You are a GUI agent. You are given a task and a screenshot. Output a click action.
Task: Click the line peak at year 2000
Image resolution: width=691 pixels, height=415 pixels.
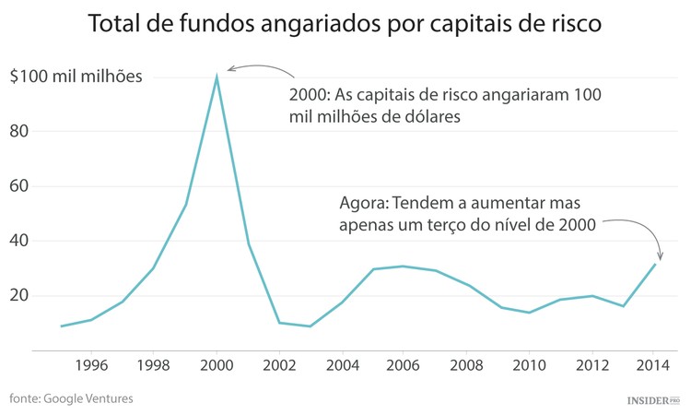[x=217, y=77]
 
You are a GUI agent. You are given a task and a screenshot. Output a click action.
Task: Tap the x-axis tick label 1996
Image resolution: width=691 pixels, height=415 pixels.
[x=90, y=364]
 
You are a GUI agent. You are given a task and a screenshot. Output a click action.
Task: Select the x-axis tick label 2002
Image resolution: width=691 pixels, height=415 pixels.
[x=279, y=364]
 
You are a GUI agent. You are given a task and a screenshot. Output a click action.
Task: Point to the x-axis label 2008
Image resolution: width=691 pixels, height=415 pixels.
[x=467, y=364]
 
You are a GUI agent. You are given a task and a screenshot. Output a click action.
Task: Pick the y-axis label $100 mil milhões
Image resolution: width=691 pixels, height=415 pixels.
[x=76, y=76]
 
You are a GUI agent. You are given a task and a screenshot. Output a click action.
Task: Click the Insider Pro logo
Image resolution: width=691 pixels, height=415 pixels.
[x=653, y=400]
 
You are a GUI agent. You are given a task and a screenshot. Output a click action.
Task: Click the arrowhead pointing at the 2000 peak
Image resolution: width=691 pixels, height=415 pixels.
[x=229, y=69]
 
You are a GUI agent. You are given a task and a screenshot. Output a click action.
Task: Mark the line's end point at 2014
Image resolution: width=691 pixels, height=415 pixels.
[x=654, y=265]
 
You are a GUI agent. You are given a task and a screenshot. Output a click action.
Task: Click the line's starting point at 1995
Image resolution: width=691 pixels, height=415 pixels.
[x=61, y=326]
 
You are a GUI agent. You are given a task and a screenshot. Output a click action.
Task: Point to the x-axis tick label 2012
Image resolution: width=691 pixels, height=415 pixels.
[x=591, y=364]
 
